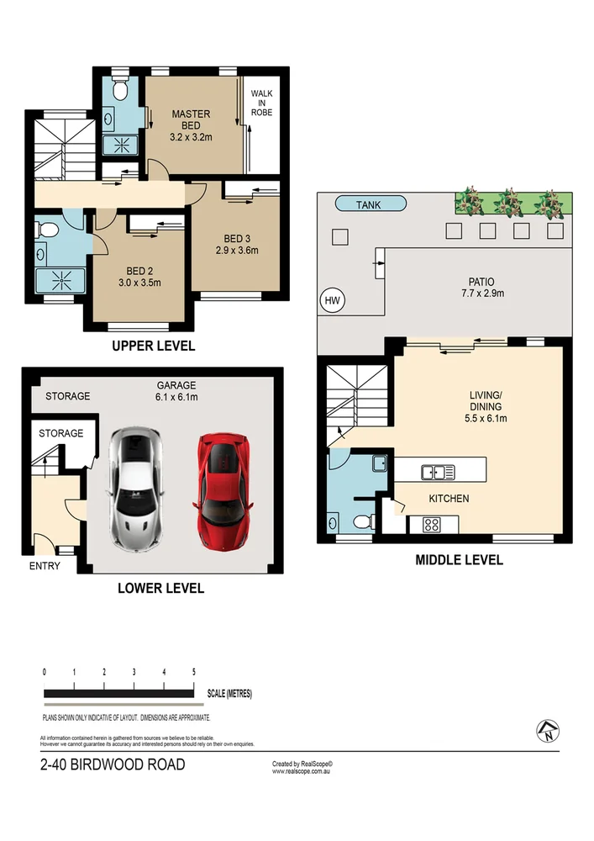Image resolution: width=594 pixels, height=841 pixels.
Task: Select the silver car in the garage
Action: pyautogui.click(x=134, y=489)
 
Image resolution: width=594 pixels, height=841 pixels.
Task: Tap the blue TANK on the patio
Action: pyautogui.click(x=370, y=204)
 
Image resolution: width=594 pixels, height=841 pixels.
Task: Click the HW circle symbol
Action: pyautogui.click(x=331, y=299)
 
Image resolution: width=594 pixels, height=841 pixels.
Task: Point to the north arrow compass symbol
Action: pyautogui.click(x=548, y=733)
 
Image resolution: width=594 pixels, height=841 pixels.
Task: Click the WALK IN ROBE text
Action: pyautogui.click(x=261, y=103)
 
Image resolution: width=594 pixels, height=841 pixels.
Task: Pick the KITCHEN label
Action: pyautogui.click(x=449, y=499)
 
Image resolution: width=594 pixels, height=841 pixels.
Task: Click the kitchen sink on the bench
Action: pyautogui.click(x=437, y=471)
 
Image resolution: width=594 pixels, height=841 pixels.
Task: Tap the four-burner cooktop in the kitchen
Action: pyautogui.click(x=432, y=525)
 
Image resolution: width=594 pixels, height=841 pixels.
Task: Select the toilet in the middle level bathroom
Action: pyautogui.click(x=362, y=522)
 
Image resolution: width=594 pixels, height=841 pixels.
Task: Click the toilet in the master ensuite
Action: pyautogui.click(x=119, y=88)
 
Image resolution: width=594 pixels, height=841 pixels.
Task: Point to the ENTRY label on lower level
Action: pyautogui.click(x=45, y=566)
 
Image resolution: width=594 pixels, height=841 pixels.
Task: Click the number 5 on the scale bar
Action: pyautogui.click(x=194, y=673)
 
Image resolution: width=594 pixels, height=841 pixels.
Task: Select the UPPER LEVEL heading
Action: pyautogui.click(x=155, y=346)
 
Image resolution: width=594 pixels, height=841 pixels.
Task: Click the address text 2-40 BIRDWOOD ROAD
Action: pyautogui.click(x=113, y=765)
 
